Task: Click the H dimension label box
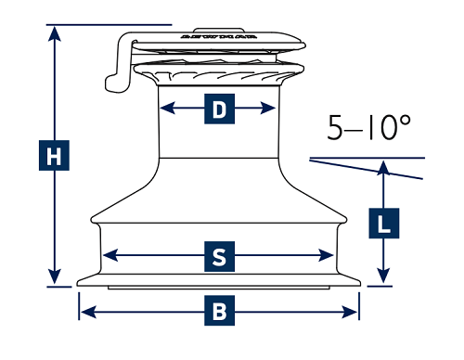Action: (x=56, y=157)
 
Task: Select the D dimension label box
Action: (x=219, y=110)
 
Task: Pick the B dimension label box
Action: (x=219, y=311)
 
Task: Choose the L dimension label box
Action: (x=383, y=223)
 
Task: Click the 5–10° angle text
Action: (x=369, y=128)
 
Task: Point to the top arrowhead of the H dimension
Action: (x=56, y=33)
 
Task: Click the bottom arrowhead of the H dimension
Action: (x=56, y=277)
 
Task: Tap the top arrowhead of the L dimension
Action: (x=383, y=167)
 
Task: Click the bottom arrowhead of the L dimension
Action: (x=383, y=276)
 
